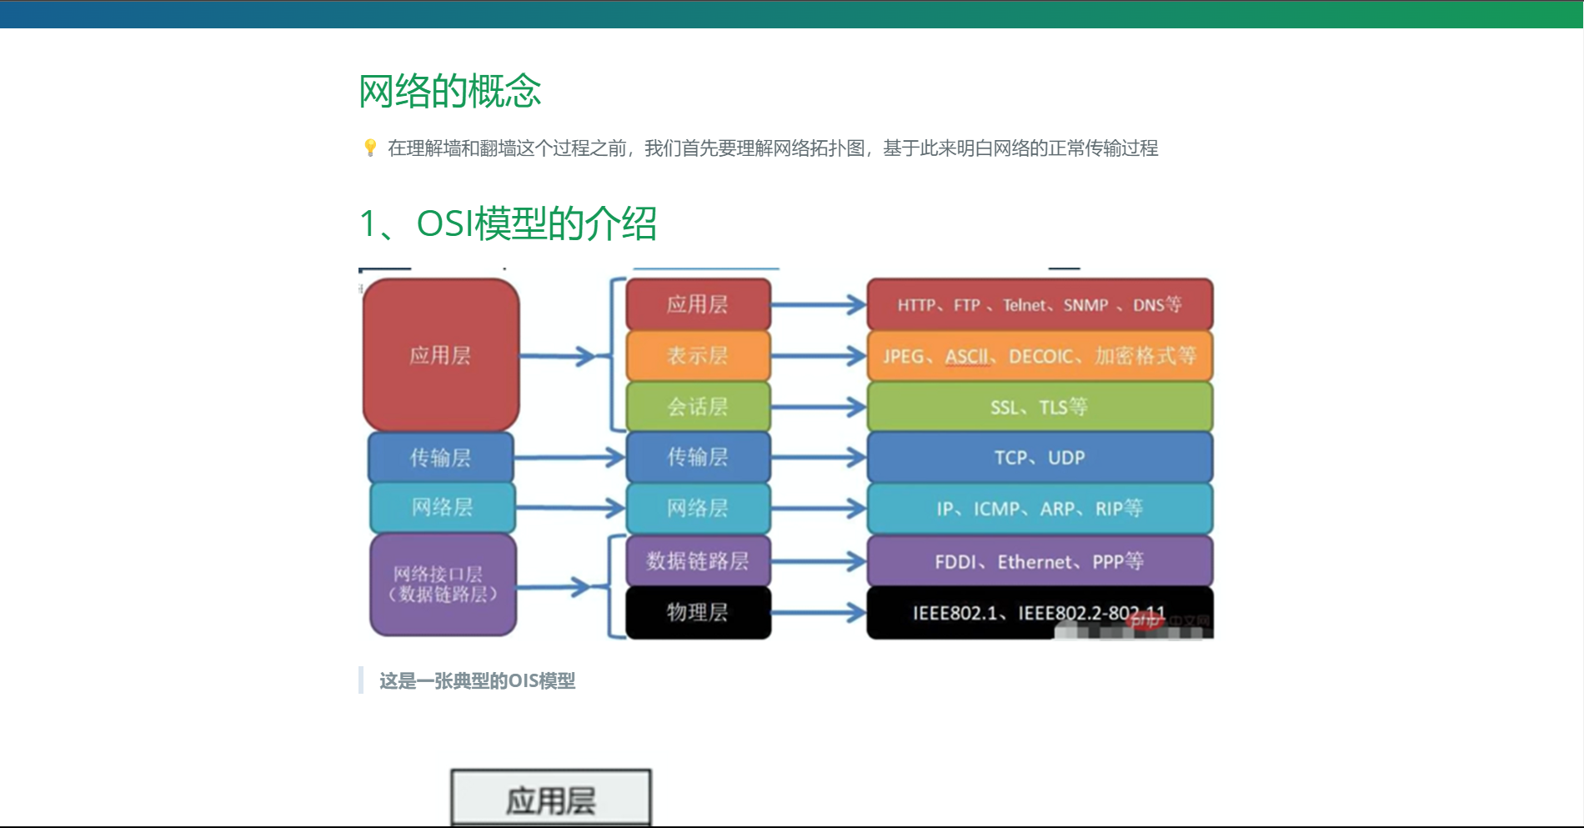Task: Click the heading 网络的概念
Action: [x=449, y=91]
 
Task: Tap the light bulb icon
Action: [x=370, y=148]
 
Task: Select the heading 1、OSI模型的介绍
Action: [x=507, y=223]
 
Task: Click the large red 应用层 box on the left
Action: [x=441, y=355]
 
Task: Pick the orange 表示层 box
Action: [x=698, y=356]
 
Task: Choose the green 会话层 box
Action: [x=698, y=407]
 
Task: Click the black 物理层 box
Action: [x=698, y=613]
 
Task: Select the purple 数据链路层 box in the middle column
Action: [x=698, y=561]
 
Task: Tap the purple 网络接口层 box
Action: [x=443, y=585]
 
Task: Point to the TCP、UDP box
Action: [x=1040, y=458]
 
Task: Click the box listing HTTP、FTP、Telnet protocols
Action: [x=1040, y=305]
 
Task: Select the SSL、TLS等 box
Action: [x=1040, y=407]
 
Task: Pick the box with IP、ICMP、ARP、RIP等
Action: [x=1040, y=509]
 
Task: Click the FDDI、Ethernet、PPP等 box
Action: [x=1040, y=561]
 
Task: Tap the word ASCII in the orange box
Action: [x=966, y=357]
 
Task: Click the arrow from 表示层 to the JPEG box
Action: [x=818, y=356]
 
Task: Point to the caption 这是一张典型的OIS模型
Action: [x=478, y=681]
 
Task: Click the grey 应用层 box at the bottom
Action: [x=551, y=800]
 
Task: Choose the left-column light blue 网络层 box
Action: [x=443, y=508]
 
